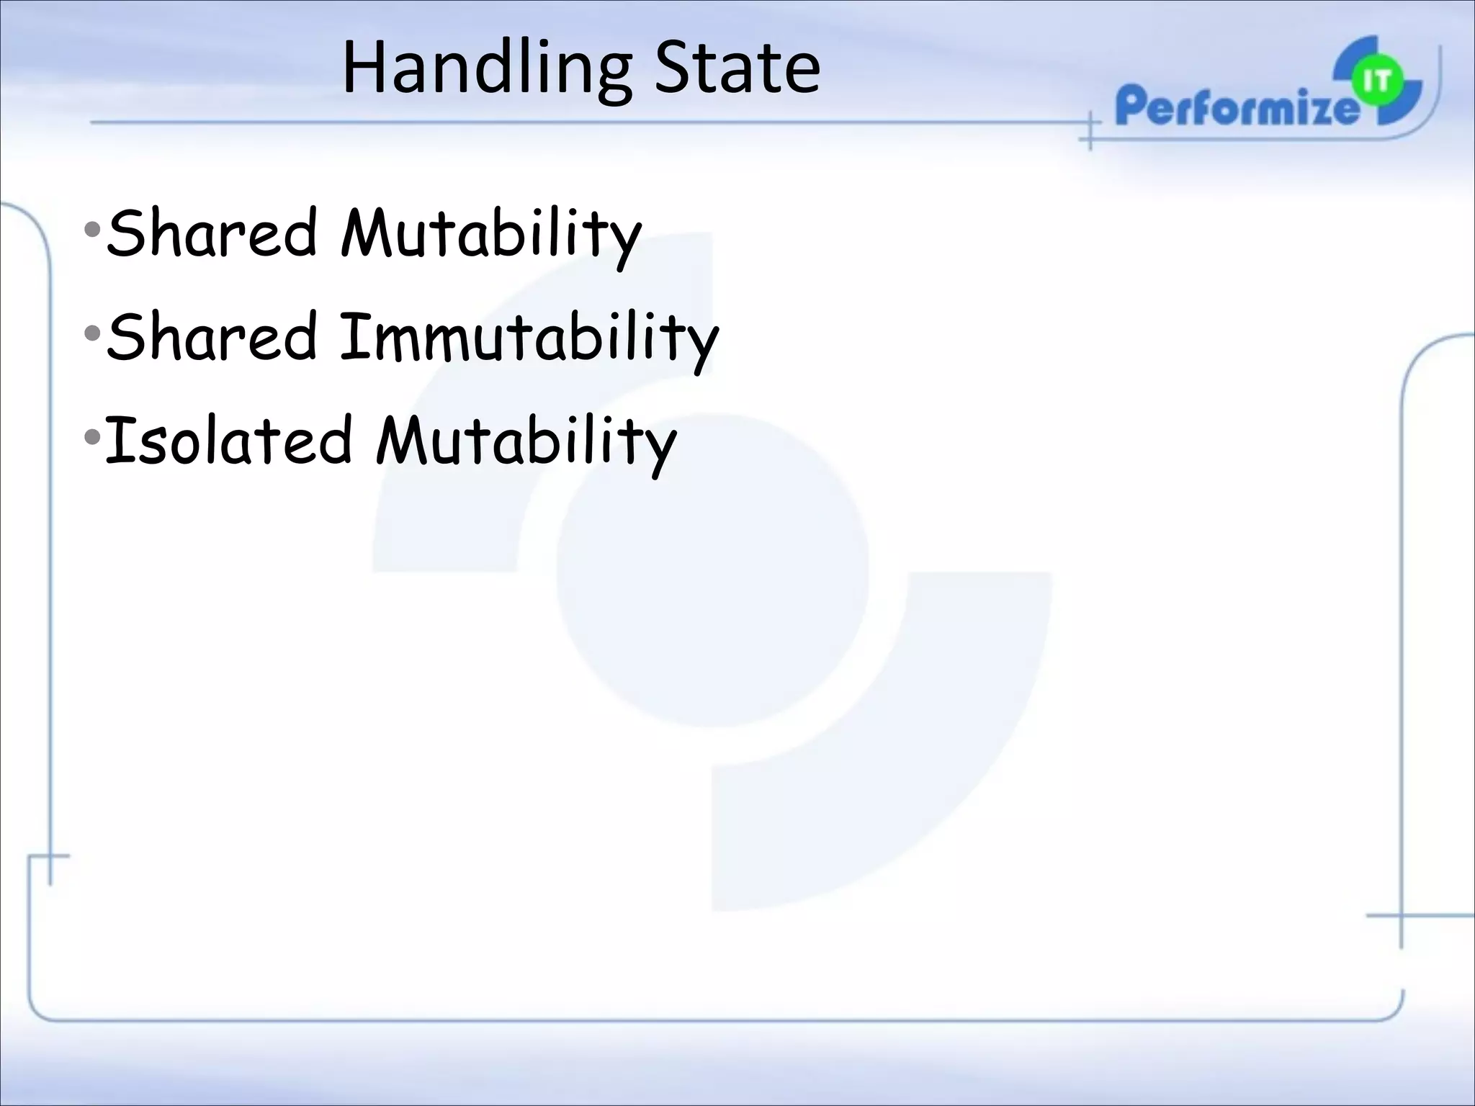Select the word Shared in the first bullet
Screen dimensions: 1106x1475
[x=212, y=232]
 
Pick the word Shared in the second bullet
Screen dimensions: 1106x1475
[x=212, y=336]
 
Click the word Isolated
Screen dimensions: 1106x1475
[x=229, y=440]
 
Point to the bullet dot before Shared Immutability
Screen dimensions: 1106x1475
[x=92, y=334]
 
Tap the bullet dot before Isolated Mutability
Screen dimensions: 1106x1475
[x=92, y=437]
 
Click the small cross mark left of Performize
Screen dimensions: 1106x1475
[x=1090, y=131]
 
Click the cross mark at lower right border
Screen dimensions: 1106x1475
[x=1401, y=916]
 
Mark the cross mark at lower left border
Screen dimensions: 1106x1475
[x=49, y=857]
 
